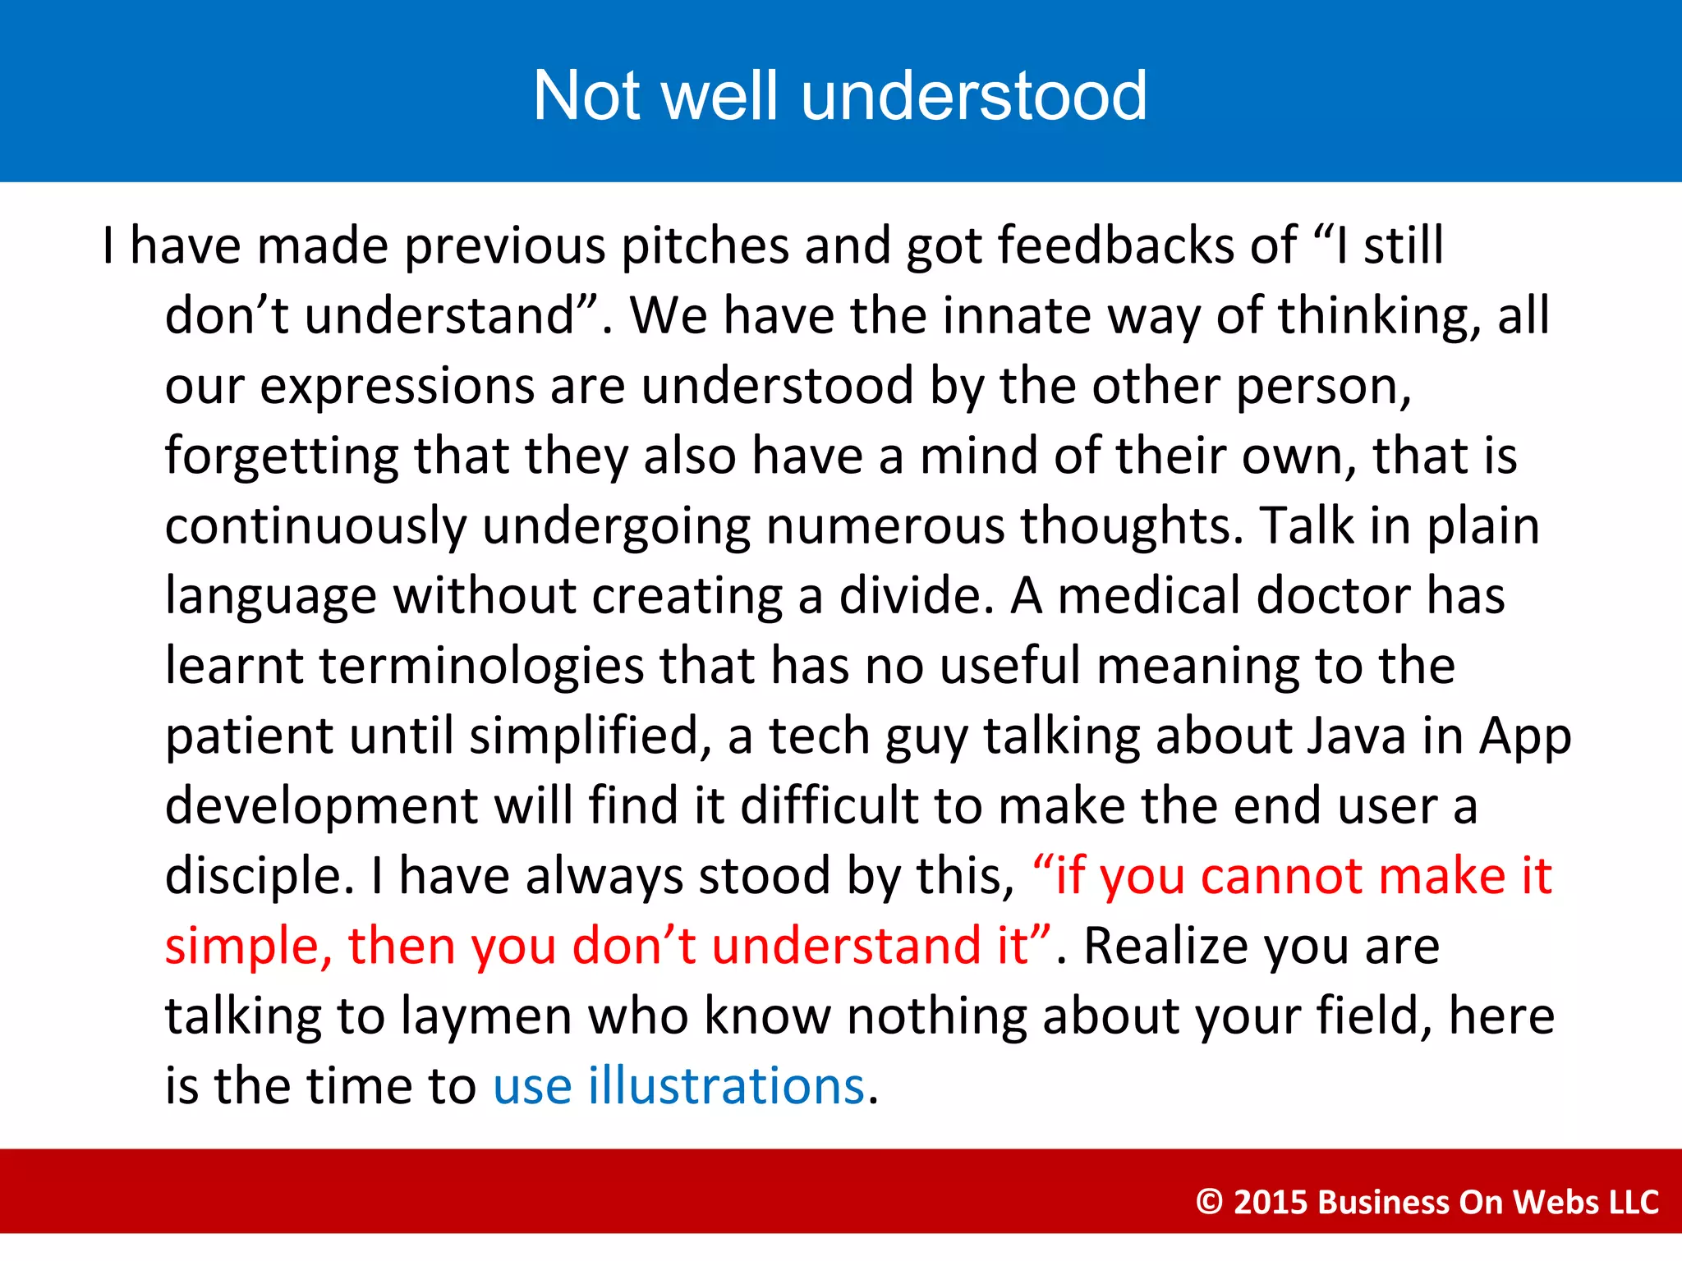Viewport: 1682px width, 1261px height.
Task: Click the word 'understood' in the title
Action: click(973, 96)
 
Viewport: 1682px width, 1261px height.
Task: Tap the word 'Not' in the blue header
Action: click(586, 96)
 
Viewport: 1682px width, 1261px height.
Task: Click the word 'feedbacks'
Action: click(1115, 246)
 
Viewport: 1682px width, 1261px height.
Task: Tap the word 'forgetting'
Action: click(281, 456)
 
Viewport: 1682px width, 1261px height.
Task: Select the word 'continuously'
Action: click(315, 526)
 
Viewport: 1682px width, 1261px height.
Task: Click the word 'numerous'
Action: click(885, 526)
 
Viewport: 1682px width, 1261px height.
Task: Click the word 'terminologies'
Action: click(481, 666)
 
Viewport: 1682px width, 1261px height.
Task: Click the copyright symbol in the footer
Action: click(1210, 1202)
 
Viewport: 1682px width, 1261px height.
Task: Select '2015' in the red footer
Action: click(1271, 1202)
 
